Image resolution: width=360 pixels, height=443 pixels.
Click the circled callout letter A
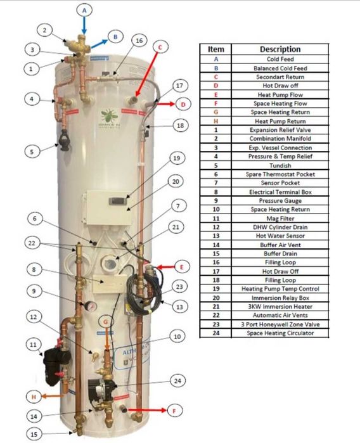tap(84, 10)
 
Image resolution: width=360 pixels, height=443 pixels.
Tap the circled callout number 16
tap(139, 41)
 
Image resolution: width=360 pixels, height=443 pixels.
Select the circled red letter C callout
tap(160, 47)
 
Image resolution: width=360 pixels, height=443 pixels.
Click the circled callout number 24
tap(177, 380)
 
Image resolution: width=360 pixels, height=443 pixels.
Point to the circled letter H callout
tap(34, 397)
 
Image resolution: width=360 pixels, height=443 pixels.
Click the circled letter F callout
tap(174, 411)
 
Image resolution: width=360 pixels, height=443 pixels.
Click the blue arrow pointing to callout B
tap(99, 44)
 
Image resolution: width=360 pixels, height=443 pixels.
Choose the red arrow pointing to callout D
tap(166, 104)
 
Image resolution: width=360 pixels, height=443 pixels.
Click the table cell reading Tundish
tap(280, 165)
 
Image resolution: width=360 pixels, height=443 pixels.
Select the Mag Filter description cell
tap(280, 218)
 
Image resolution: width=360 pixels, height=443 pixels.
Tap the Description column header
tap(280, 49)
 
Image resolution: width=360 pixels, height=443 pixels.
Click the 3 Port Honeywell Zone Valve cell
tap(280, 324)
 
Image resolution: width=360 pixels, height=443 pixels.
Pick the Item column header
tap(216, 49)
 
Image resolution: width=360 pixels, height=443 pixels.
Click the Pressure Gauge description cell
tap(280, 201)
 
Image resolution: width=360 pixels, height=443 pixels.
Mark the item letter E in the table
tap(216, 94)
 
